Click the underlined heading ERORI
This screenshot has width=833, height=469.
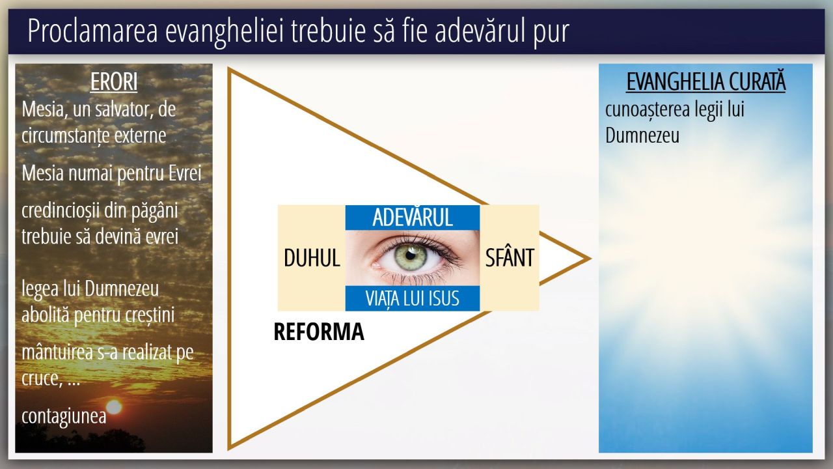(x=114, y=81)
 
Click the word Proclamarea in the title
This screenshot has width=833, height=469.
(x=93, y=31)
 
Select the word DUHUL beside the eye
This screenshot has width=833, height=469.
(x=312, y=257)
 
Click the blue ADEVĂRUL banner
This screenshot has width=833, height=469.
(x=413, y=218)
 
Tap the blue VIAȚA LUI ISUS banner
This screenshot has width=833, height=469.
(x=413, y=298)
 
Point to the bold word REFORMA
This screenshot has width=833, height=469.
(x=319, y=332)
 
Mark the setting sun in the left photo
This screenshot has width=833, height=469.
(x=114, y=407)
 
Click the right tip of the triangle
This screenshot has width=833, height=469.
(x=590, y=259)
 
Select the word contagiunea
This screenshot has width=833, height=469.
(x=64, y=416)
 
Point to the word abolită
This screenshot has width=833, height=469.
(x=46, y=315)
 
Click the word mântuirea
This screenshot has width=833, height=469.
(x=57, y=352)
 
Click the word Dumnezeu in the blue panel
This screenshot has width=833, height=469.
(x=642, y=135)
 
